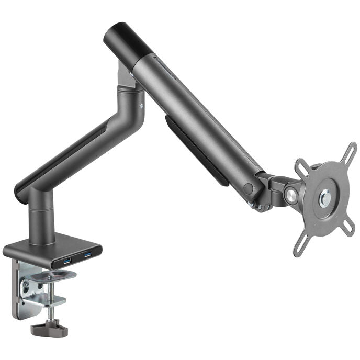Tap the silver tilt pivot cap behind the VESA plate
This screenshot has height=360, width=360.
291,195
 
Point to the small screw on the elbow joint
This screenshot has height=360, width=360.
141,105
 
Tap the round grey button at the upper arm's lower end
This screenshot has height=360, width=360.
248,188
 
